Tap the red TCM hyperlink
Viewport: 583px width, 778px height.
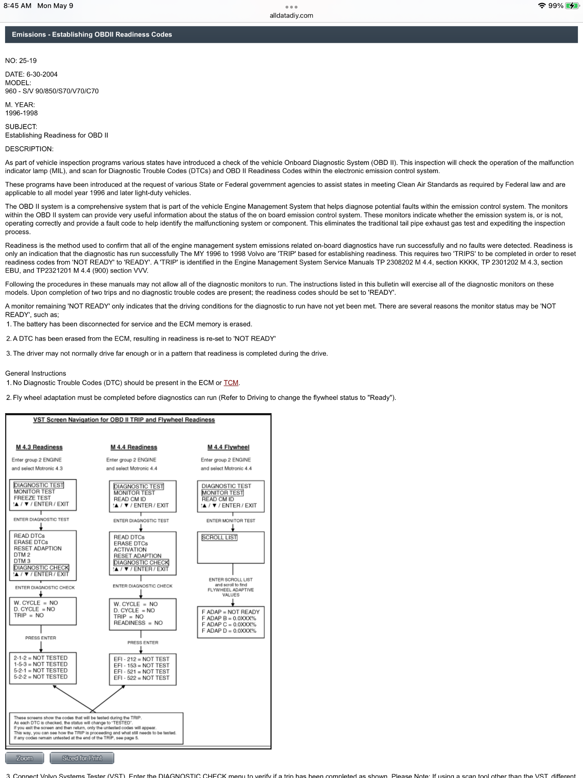(x=231, y=383)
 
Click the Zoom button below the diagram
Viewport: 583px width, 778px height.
(x=25, y=758)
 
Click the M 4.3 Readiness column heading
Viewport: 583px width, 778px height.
(x=39, y=447)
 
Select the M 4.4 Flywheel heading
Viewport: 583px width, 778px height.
(x=228, y=447)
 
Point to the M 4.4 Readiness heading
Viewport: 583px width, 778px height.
(x=134, y=447)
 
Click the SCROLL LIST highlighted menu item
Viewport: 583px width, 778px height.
(x=219, y=537)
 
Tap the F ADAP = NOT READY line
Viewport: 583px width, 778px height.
(x=230, y=612)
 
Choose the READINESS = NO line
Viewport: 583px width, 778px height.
(x=138, y=623)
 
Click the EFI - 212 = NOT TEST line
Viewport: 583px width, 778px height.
(x=141, y=659)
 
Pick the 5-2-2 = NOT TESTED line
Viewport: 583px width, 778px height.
(x=40, y=676)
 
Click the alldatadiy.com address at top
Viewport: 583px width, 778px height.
(x=291, y=16)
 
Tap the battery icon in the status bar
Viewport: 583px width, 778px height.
(x=572, y=6)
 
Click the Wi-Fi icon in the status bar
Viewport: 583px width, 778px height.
(x=541, y=6)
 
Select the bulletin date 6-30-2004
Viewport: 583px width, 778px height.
(x=42, y=74)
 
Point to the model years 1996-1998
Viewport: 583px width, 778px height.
(x=21, y=113)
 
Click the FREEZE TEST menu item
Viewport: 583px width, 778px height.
(x=32, y=498)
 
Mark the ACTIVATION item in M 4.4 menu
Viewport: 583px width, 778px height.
(x=130, y=550)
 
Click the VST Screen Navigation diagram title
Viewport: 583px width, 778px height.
(x=124, y=420)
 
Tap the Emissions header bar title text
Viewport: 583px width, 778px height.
(x=92, y=35)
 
